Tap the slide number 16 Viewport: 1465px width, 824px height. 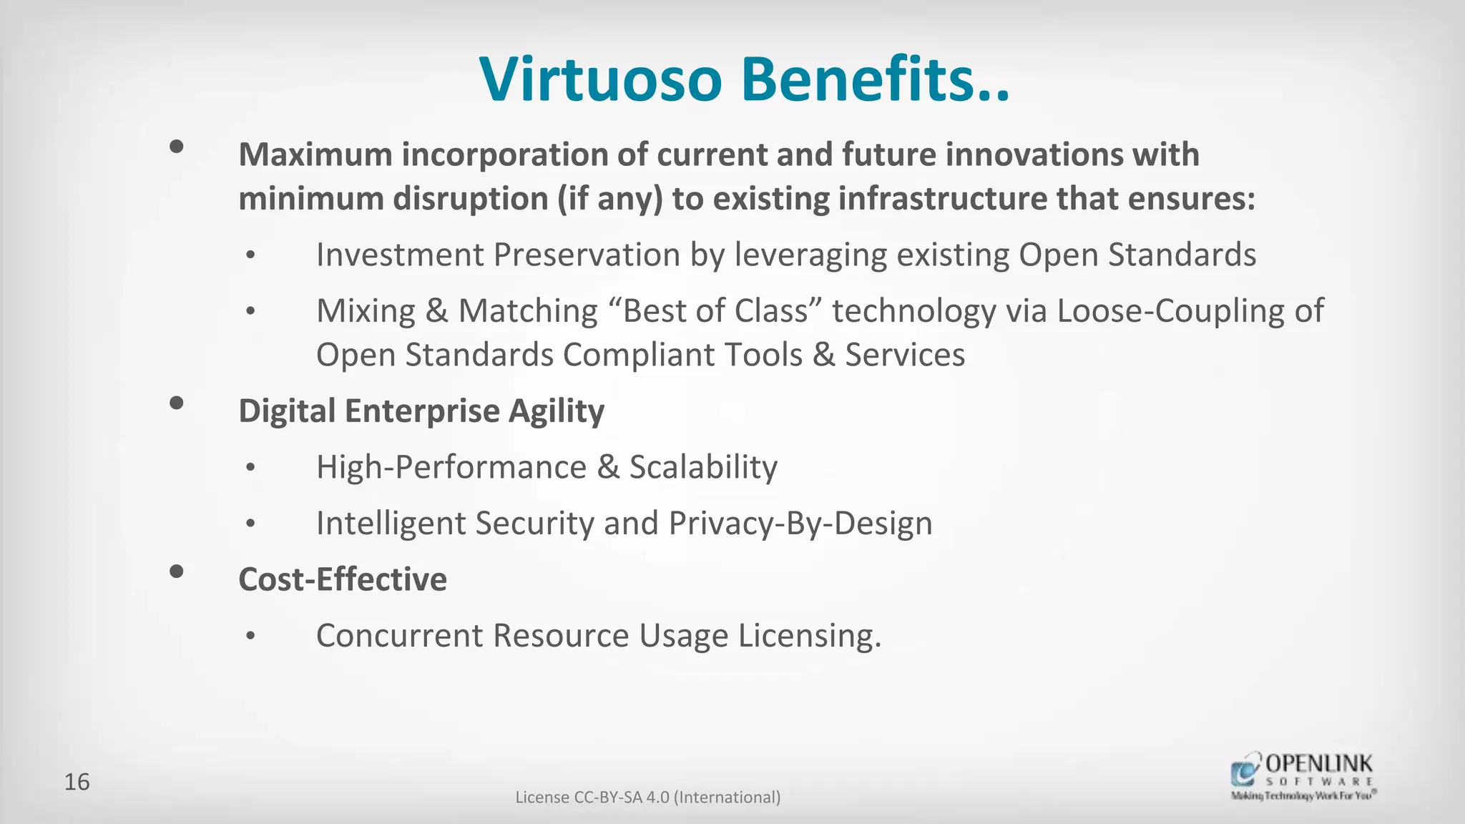pos(77,782)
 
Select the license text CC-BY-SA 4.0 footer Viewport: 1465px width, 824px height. pos(648,797)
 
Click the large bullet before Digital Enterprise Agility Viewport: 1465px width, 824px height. pos(177,403)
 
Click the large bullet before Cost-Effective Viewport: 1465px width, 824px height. pos(177,572)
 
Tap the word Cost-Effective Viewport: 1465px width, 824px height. pos(343,579)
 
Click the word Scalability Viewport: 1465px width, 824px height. pos(703,468)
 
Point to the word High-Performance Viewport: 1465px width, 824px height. pos(451,468)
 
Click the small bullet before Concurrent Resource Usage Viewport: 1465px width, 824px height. pos(250,636)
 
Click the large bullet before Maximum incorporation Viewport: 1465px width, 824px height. pos(177,147)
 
